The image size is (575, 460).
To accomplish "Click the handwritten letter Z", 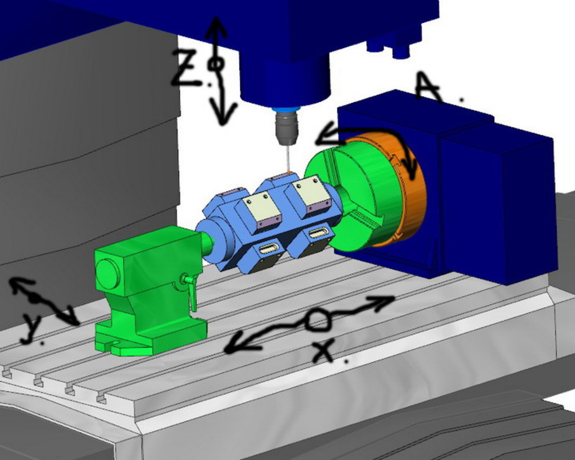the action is [188, 67].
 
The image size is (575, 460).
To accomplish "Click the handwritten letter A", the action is [428, 86].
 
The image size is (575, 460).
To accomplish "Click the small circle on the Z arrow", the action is [215, 64].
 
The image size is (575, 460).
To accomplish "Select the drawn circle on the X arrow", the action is [318, 320].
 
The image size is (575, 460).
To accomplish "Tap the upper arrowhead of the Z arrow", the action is [216, 27].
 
